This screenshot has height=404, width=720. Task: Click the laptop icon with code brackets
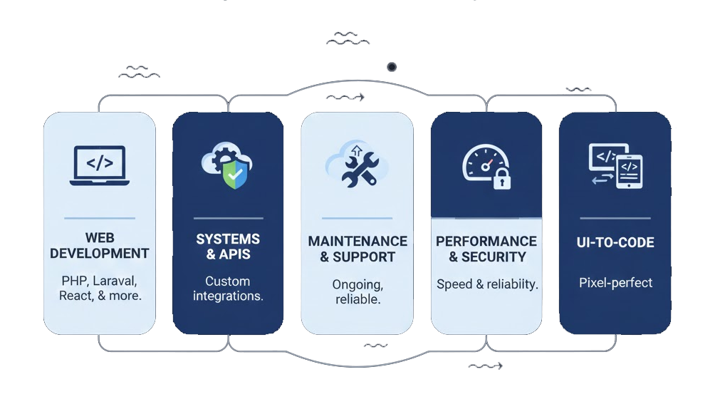pyautogui.click(x=100, y=165)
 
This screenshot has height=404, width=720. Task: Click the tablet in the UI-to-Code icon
pyautogui.click(x=629, y=171)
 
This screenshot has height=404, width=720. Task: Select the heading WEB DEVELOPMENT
pyautogui.click(x=100, y=245)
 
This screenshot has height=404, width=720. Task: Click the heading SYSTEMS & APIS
pyautogui.click(x=228, y=247)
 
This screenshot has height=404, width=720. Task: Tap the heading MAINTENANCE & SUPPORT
pyautogui.click(x=358, y=249)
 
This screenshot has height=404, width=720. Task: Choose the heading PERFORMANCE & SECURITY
pyautogui.click(x=486, y=249)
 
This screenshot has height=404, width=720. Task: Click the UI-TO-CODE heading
pyautogui.click(x=615, y=243)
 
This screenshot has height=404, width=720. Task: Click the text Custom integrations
pyautogui.click(x=228, y=289)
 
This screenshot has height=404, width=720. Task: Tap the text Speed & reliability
pyautogui.click(x=487, y=284)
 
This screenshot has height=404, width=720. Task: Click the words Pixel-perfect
pyautogui.click(x=615, y=282)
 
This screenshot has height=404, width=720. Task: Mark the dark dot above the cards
pyautogui.click(x=391, y=67)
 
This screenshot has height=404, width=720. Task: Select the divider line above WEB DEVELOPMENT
pyautogui.click(x=100, y=218)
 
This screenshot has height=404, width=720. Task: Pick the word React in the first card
pyautogui.click(x=75, y=296)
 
